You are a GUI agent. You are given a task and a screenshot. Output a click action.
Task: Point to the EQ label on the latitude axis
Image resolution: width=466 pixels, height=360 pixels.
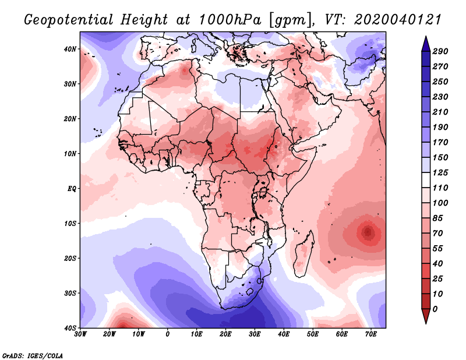click(72, 188)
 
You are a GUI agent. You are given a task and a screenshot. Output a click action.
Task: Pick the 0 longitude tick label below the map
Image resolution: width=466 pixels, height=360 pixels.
click(168, 334)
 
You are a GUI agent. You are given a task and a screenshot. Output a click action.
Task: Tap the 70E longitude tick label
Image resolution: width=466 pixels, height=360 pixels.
click(370, 334)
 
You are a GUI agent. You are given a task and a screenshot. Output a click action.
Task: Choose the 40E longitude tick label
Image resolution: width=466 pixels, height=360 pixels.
click(284, 334)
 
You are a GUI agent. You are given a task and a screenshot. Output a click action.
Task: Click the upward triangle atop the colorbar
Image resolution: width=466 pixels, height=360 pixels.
click(425, 43)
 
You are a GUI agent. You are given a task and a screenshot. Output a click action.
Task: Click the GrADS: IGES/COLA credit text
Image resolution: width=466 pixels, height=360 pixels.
click(33, 355)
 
